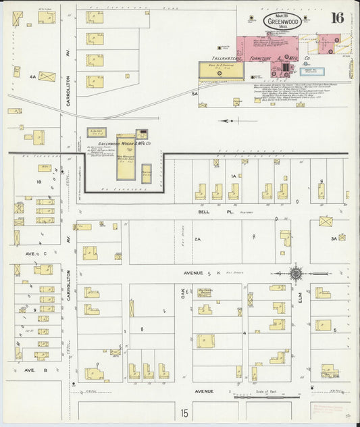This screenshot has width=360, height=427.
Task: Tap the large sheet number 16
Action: pos(338,18)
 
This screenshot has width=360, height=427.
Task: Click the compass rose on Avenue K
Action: pos(295,274)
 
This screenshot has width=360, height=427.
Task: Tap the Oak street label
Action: pos(182,293)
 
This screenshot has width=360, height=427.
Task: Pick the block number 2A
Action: pos(198,238)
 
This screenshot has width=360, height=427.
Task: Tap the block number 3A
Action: pos(333,238)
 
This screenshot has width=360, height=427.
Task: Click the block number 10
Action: pos(39,182)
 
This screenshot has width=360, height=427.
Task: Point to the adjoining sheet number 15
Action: pos(184,411)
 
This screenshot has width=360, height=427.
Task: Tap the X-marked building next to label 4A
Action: pos(47,76)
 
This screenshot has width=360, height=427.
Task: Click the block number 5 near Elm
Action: pos(334,330)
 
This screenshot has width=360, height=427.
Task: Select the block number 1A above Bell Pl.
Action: pos(234,176)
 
